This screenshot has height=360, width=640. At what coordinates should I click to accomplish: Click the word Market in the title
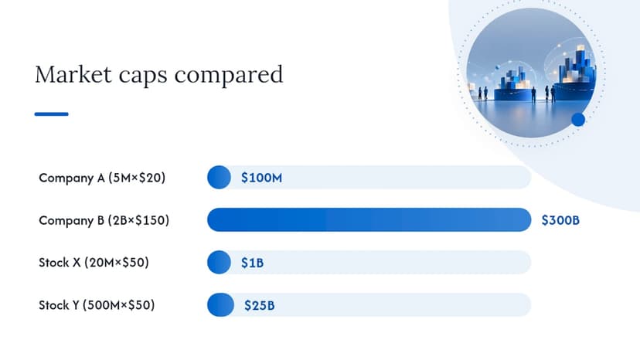[73, 74]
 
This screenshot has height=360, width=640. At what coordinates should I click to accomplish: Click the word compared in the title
[229, 75]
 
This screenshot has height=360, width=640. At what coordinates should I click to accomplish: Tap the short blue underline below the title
[52, 114]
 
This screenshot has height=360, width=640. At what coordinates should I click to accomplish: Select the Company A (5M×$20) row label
[102, 178]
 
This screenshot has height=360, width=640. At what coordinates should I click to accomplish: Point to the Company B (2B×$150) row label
[104, 220]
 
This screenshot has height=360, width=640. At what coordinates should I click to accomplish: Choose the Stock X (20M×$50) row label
[94, 262]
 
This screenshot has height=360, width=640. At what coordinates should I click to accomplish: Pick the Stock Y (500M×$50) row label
[97, 305]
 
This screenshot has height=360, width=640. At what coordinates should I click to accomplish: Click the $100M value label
[261, 178]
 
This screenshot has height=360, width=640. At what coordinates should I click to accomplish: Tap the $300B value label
[560, 220]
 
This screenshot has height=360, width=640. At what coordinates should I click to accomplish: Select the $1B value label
[252, 263]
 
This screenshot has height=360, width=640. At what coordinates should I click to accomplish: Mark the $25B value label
[259, 305]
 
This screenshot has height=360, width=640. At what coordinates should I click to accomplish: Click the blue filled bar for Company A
[220, 177]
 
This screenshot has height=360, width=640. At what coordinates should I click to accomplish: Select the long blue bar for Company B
[369, 219]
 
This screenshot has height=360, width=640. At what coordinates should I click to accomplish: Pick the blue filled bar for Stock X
[220, 262]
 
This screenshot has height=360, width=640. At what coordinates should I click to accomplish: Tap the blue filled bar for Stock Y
[220, 304]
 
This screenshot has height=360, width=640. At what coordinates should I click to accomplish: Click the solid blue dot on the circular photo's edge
[578, 120]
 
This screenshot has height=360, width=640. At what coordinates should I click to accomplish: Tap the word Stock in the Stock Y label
[54, 305]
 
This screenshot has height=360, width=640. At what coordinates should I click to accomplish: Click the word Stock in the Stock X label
[54, 262]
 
